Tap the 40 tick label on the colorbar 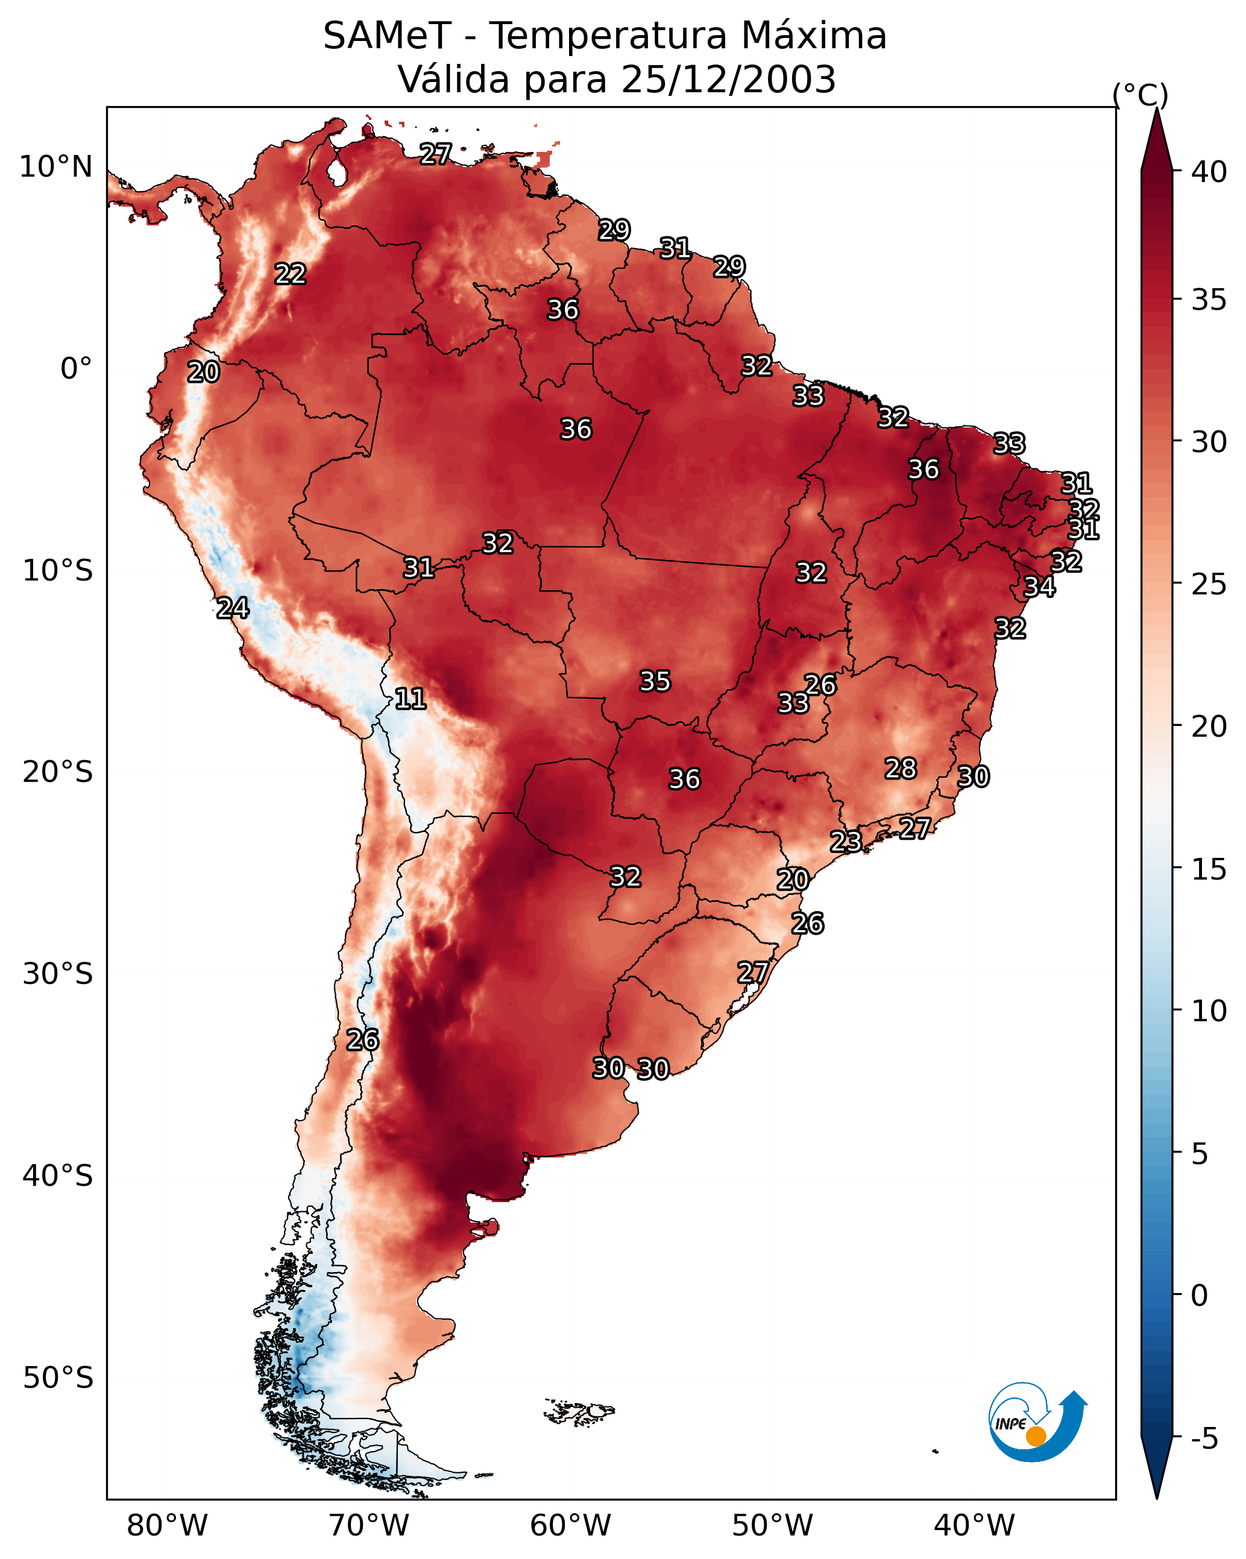1209,172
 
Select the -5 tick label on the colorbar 1204,1438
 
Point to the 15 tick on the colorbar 1209,869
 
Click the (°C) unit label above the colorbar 1140,95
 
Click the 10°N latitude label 55,167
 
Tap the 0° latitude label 76,369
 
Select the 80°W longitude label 167,1526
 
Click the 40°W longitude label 974,1526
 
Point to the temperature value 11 410,699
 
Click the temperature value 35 655,681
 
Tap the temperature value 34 1039,587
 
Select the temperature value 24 233,608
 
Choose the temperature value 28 901,768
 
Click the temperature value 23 845,841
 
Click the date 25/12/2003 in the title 728,80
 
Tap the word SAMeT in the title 387,36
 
